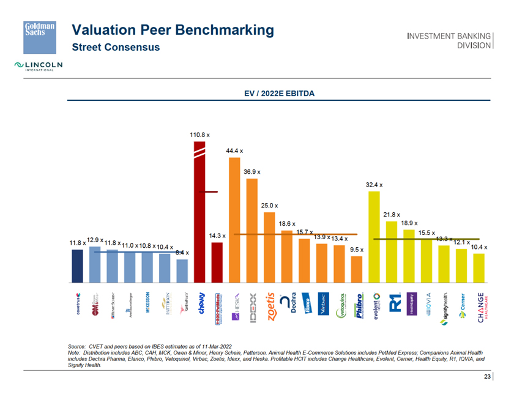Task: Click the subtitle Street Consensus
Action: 116,46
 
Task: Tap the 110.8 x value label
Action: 199,133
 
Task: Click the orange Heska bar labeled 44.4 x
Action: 234,220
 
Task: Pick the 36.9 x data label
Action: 251,172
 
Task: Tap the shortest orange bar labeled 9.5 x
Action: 357,270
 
